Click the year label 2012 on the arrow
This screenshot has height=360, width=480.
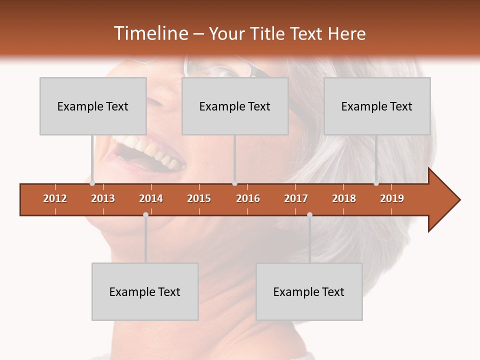point(55,198)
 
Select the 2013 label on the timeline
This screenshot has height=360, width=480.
point(103,198)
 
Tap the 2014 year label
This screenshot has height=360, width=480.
point(151,198)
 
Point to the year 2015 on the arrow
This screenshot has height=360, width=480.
point(199,198)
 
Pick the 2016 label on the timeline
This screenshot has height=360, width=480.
point(248,198)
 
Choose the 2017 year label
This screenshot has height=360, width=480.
point(296,198)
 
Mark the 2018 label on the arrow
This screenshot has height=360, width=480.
point(344,198)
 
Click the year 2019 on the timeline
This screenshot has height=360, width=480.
point(392,198)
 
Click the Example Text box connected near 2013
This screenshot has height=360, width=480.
point(93,106)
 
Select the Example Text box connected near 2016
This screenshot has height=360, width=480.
point(235,106)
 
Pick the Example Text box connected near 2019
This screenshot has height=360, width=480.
point(377,106)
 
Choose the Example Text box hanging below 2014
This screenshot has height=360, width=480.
point(145,291)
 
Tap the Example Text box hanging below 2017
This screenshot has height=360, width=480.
point(309,291)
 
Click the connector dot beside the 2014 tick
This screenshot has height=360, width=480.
point(145,214)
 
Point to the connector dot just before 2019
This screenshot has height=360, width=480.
point(376,183)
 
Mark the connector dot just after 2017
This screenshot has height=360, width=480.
point(309,214)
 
